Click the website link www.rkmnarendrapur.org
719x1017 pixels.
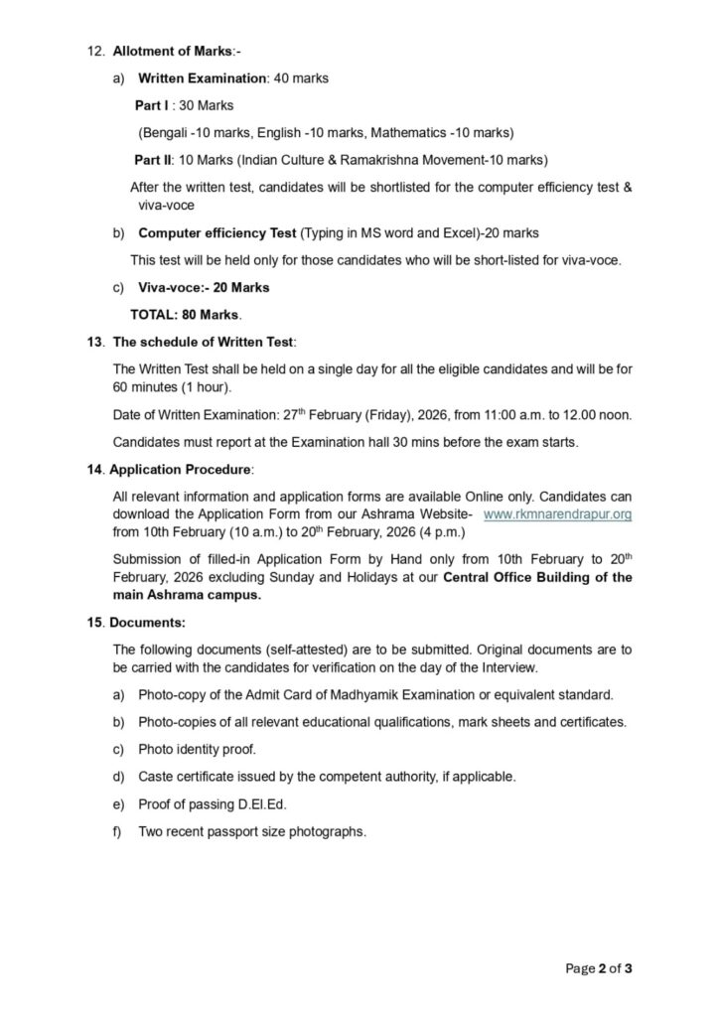click(557, 513)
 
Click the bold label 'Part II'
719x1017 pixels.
click(154, 159)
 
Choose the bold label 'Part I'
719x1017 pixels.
click(152, 104)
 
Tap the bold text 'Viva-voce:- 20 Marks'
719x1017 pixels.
click(204, 287)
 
